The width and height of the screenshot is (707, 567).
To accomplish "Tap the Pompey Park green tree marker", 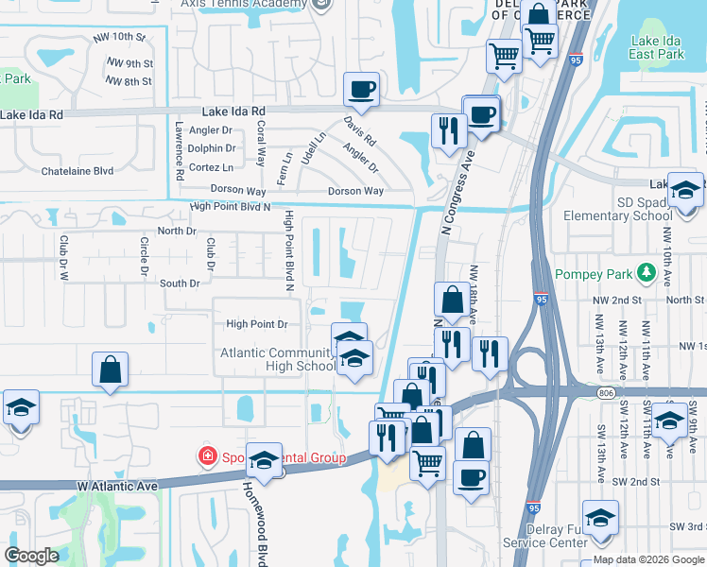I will (647, 274).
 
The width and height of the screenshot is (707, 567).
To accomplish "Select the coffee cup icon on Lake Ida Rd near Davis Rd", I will (361, 91).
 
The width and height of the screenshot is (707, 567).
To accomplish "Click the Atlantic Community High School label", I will (276, 359).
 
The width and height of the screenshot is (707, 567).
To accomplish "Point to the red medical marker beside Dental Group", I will (206, 457).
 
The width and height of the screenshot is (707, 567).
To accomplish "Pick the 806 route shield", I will (606, 391).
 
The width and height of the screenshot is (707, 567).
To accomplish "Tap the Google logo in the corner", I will (31, 556).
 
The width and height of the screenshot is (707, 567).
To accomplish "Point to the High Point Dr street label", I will (256, 324).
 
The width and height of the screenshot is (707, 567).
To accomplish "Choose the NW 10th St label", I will (118, 38).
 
